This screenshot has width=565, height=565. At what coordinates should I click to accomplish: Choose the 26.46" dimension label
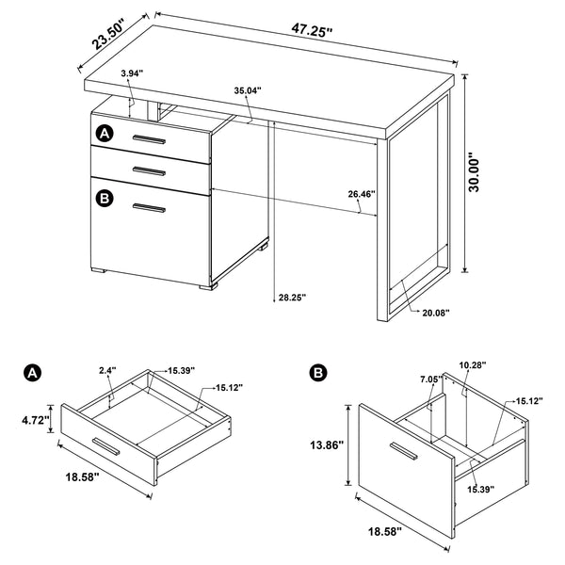coord(361,194)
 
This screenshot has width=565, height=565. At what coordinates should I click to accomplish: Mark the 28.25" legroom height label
coord(292,299)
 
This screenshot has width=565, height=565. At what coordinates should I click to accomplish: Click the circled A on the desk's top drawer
coord(104,134)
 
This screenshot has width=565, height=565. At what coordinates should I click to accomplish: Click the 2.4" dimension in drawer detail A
coord(106,371)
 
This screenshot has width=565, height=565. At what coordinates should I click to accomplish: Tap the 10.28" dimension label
coord(474,364)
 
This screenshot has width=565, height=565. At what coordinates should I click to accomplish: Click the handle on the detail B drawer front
coord(404,454)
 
